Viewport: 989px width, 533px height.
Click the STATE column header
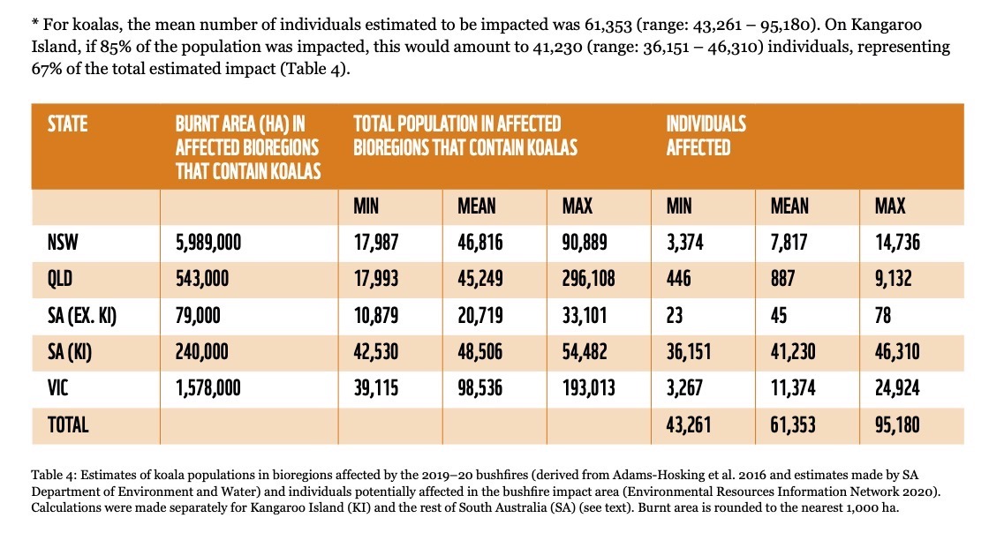coord(67,124)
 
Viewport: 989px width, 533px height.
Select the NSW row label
coord(63,243)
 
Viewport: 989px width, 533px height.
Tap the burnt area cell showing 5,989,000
coord(208,243)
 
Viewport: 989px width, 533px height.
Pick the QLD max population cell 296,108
coord(588,279)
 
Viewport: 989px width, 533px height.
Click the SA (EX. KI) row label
coord(82,315)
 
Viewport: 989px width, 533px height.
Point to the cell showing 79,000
coord(198,315)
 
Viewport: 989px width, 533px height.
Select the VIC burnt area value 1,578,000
coord(208,387)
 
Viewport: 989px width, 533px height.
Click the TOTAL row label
coord(68,424)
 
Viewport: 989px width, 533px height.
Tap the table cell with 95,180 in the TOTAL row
coord(897,424)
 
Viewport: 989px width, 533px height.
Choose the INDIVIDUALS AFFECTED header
coord(706,135)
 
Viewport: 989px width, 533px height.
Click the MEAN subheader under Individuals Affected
coord(789,206)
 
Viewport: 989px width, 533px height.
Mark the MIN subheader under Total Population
coord(366,206)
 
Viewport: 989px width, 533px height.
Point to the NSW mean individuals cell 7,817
coord(789,243)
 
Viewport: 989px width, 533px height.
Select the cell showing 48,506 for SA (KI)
coord(480,351)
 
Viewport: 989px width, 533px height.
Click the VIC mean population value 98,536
coord(480,387)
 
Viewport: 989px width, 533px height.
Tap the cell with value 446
coord(679,279)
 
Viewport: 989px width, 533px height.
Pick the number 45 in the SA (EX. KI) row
coord(779,315)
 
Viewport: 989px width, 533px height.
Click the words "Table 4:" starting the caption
coord(54,475)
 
